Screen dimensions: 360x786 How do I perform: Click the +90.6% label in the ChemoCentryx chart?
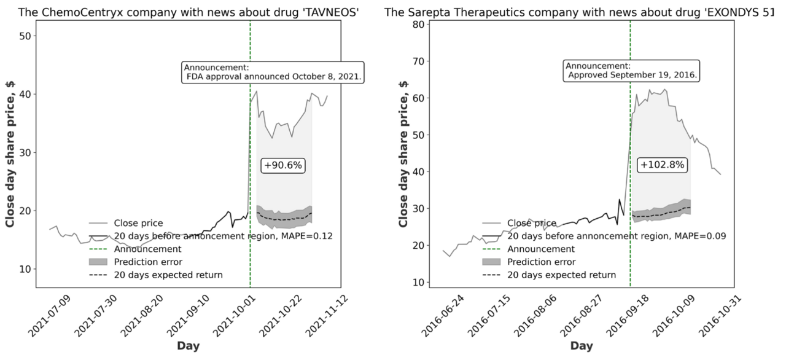click(x=284, y=165)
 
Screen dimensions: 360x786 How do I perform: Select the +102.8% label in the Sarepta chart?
click(x=662, y=165)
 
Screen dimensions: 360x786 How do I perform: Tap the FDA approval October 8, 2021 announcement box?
click(x=273, y=72)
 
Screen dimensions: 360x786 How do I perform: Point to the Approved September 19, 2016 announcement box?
click(x=633, y=71)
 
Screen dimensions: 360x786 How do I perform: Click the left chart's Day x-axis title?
click(x=188, y=346)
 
